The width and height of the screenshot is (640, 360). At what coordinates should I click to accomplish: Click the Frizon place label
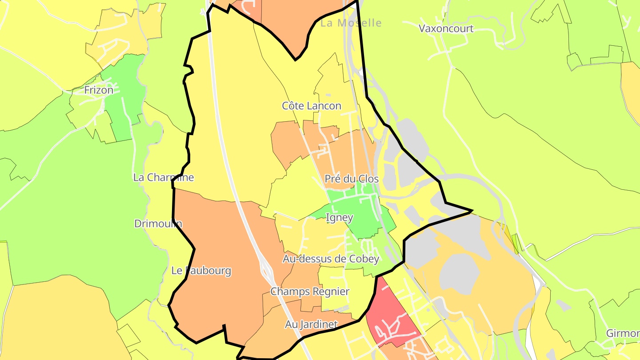pos(99,90)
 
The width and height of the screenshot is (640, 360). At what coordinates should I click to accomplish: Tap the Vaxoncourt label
pos(446,29)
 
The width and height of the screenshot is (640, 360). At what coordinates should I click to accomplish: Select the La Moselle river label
pos(351,23)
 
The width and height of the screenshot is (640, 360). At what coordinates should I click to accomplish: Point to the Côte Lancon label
pos(312,106)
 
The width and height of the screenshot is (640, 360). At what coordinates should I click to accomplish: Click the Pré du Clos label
pos(351,179)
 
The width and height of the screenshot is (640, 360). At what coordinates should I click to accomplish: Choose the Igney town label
pos(339,218)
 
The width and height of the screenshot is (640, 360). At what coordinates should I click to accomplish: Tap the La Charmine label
pos(164,177)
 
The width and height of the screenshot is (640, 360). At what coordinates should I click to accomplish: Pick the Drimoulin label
pos(158,224)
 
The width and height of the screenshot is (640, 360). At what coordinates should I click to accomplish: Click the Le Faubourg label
pos(201,270)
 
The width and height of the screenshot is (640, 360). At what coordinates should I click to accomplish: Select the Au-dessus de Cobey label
pos(331,259)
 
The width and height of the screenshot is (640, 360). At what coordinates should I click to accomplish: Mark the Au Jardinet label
pos(311,324)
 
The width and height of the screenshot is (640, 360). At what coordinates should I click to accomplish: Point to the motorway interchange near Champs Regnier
pos(268,271)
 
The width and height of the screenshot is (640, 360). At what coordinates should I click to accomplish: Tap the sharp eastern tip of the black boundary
pos(472,211)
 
